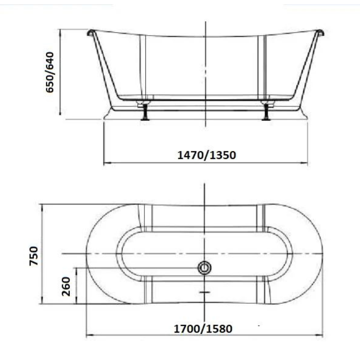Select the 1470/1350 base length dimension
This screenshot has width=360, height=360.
click(207, 155)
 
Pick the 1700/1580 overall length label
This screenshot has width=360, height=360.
click(203, 328)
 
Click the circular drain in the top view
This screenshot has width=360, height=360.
click(204, 268)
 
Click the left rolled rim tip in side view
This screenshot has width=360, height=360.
click(90, 32)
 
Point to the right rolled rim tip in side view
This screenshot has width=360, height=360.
click(320, 32)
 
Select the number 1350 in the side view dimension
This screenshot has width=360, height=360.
click(223, 155)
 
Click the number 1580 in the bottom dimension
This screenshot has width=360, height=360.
click(219, 328)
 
